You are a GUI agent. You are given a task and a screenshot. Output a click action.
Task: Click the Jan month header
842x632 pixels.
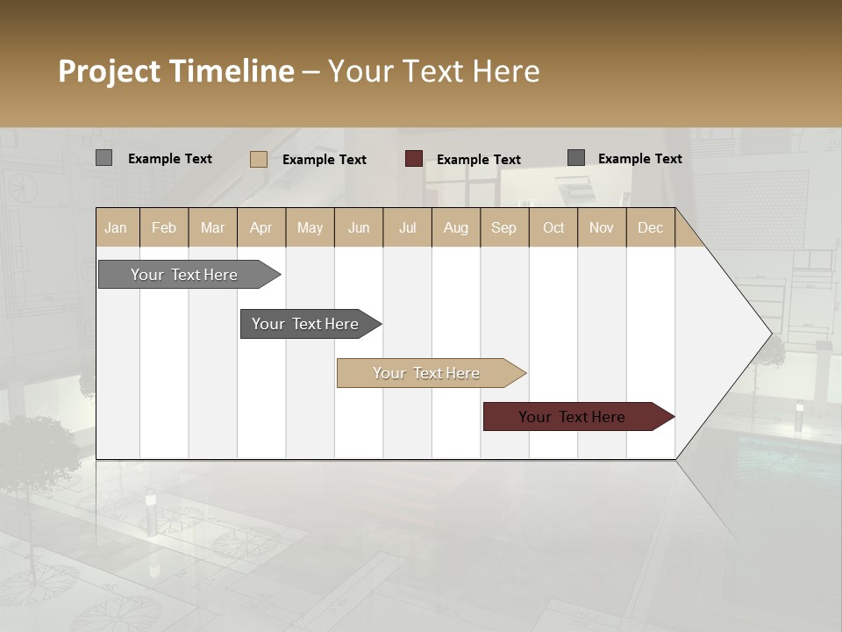(x=116, y=227)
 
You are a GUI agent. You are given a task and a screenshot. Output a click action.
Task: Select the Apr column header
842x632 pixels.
(x=260, y=227)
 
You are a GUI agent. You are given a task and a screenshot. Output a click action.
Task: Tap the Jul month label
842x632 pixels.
(x=407, y=227)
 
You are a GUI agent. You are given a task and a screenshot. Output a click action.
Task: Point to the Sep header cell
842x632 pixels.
(x=503, y=227)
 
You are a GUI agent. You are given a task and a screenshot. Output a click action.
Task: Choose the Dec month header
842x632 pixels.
(x=650, y=227)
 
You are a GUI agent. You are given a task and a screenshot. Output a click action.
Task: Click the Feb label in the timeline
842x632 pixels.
(x=164, y=227)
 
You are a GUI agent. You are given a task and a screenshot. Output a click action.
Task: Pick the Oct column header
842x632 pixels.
(x=553, y=227)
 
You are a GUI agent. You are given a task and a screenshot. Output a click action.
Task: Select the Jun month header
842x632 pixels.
(x=359, y=227)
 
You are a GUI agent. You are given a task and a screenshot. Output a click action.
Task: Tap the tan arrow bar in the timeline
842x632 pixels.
(x=427, y=373)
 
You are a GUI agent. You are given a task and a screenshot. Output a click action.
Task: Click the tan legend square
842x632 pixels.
(x=258, y=159)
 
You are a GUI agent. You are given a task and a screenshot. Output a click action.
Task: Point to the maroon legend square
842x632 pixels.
(x=414, y=159)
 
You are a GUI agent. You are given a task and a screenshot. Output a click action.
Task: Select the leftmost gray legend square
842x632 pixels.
(x=103, y=158)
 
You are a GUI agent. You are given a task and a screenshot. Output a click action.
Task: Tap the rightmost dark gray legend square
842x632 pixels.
(x=576, y=158)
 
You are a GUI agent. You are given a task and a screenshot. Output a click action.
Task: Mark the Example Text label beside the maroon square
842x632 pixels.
(x=478, y=160)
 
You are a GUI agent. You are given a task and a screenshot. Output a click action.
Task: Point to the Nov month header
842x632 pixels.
(x=602, y=227)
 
